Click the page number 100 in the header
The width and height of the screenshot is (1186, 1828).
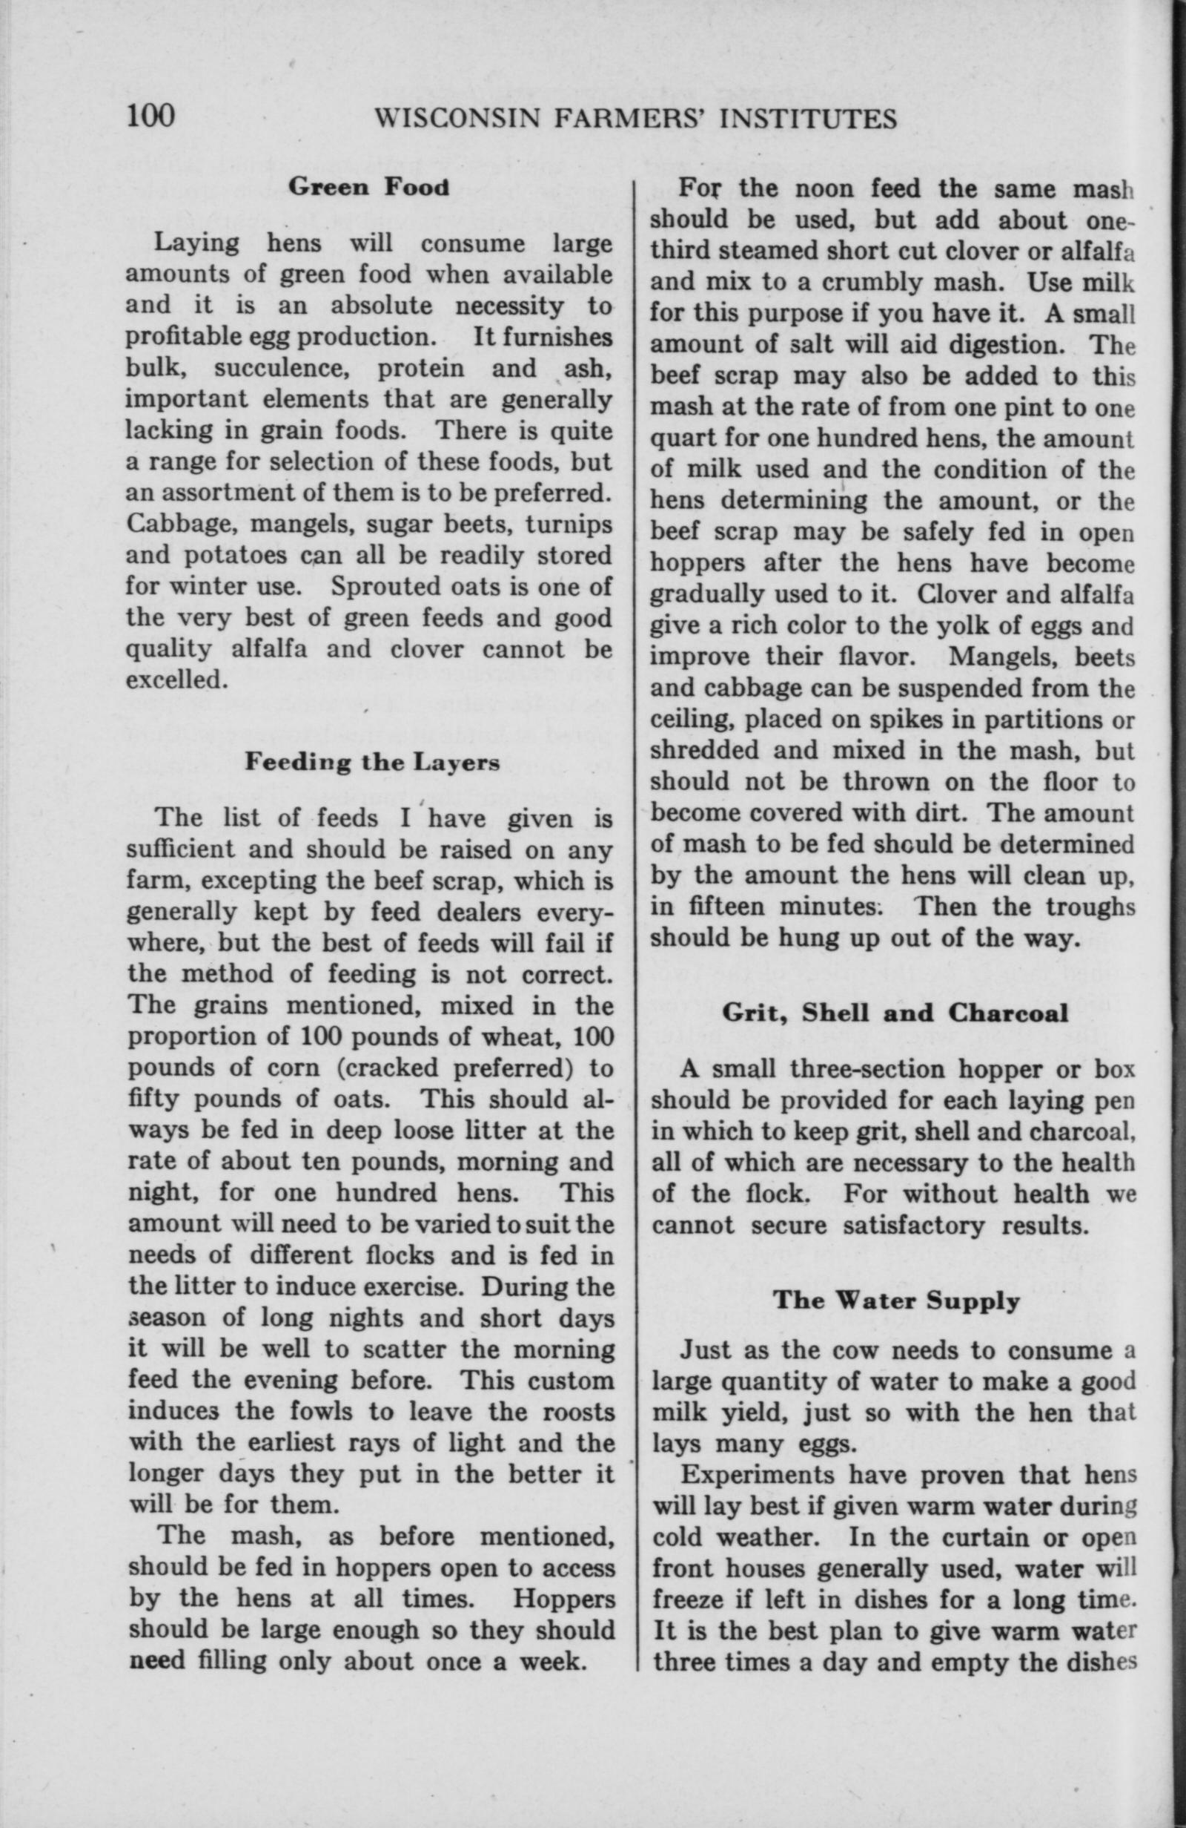tap(151, 116)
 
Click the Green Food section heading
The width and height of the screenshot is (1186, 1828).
tap(369, 188)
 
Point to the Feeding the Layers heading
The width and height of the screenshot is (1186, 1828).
tap(372, 762)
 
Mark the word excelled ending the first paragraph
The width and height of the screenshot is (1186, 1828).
tap(175, 680)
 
